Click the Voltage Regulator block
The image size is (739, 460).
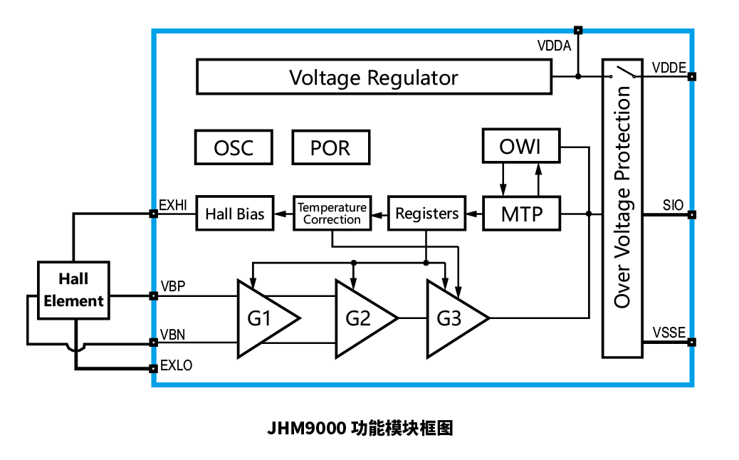[x=373, y=77]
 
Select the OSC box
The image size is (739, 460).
[x=234, y=147]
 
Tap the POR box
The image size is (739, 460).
[x=330, y=147]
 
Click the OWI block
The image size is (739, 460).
[x=521, y=147]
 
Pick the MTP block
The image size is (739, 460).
[x=521, y=214]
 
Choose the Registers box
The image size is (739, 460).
[x=426, y=214]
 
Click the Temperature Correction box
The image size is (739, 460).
[x=332, y=214]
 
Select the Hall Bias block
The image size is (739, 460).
[x=235, y=214]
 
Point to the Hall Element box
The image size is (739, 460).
[x=73, y=290]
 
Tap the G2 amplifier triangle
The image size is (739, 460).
[x=360, y=318]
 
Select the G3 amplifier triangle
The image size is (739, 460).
[x=451, y=318]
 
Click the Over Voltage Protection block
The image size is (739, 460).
[x=622, y=207]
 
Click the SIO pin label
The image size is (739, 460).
[x=673, y=205]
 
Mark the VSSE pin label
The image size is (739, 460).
[x=669, y=333]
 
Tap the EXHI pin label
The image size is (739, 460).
[x=173, y=205]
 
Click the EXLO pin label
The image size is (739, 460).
[x=176, y=365]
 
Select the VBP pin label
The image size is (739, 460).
[x=172, y=286]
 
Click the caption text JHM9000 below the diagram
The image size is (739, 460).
[x=306, y=429]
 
